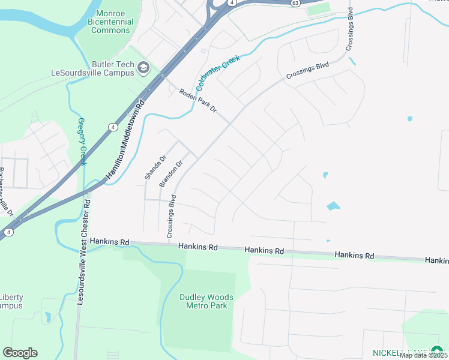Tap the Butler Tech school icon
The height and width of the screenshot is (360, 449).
[x=143, y=67]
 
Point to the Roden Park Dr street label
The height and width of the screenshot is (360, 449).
[x=197, y=101]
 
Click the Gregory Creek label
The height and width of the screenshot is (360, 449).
[x=82, y=142]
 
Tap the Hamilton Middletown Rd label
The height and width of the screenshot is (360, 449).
[x=127, y=139]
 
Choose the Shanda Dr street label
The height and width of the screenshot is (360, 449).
[x=154, y=168]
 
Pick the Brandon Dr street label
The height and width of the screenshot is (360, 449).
[x=170, y=174]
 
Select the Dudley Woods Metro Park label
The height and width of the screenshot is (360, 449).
[x=206, y=301]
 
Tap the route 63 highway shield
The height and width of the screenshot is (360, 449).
[x=294, y=2]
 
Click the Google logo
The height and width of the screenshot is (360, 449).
[x=20, y=353]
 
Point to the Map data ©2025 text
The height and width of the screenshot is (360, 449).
[x=423, y=355]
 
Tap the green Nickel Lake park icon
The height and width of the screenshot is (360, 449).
[x=436, y=351]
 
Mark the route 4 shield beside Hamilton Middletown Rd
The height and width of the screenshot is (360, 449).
[x=112, y=127]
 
